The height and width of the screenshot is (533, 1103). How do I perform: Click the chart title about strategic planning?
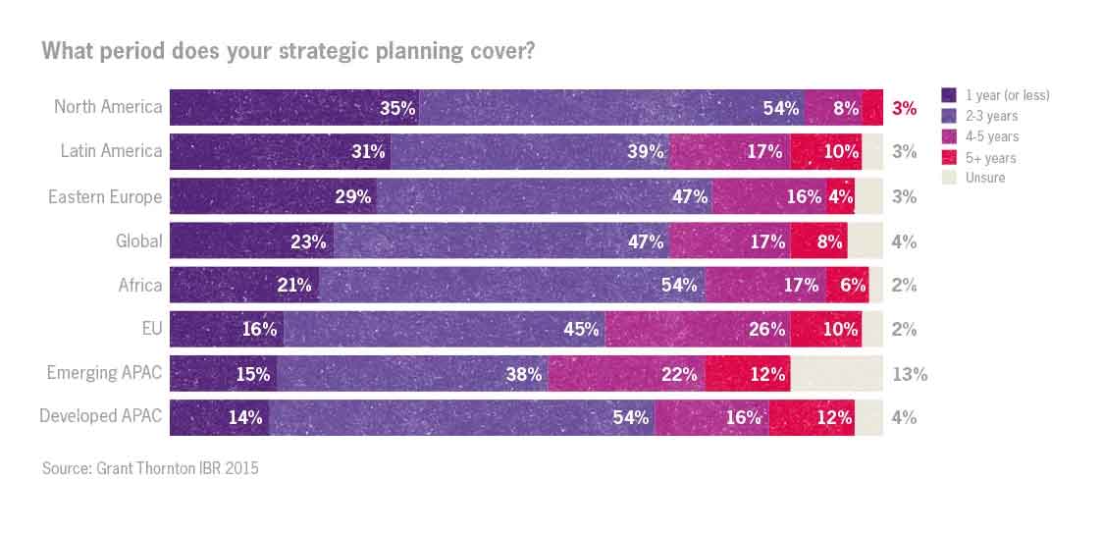click(288, 51)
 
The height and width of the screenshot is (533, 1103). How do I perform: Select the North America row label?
click(108, 106)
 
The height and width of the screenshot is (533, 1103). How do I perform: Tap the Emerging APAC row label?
click(104, 373)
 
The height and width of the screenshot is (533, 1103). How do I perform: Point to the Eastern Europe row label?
click(105, 196)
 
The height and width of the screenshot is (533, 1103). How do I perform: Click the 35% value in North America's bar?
click(397, 108)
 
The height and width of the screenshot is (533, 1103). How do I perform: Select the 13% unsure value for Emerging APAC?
click(909, 374)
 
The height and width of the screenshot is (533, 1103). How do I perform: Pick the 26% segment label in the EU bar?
click(766, 330)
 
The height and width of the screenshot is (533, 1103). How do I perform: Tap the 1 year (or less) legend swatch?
click(949, 95)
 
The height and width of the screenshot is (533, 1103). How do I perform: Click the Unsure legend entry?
click(985, 178)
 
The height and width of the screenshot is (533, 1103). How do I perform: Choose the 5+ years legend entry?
click(990, 157)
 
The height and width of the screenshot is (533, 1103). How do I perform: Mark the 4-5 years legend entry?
click(991, 136)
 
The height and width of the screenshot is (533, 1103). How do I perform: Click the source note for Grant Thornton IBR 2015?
click(150, 468)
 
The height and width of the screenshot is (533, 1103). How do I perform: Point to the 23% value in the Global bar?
click(307, 241)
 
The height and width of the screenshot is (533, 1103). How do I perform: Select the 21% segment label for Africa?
click(293, 286)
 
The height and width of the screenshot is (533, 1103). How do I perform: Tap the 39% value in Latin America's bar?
click(646, 152)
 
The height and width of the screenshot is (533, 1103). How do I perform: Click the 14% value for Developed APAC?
click(244, 417)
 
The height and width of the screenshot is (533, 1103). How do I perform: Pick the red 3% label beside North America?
click(904, 108)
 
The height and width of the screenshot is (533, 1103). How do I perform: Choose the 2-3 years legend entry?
click(991, 116)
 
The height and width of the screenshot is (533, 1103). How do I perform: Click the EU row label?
click(151, 329)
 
